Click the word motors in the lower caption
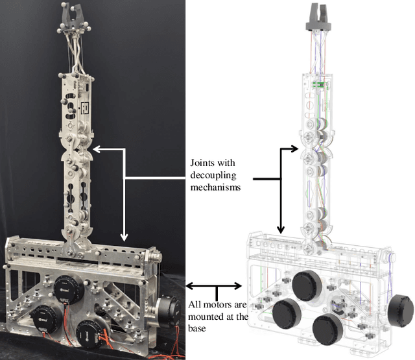213,306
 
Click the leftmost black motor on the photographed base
45,318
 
